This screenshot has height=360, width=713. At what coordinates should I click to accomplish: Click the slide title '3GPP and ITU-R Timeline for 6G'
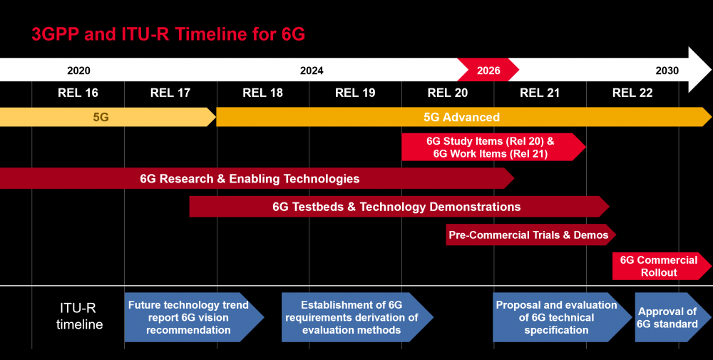pos(168,34)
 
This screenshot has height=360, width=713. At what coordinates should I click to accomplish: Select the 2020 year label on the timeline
pos(78,71)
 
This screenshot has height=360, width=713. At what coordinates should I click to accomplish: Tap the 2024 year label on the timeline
pos(312,71)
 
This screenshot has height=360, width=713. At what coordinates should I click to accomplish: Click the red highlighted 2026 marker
pos(488,71)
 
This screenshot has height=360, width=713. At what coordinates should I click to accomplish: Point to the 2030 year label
pos(667,71)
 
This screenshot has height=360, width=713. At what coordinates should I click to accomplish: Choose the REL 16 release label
pos(78,93)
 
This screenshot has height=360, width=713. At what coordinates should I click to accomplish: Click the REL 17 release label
pos(170,93)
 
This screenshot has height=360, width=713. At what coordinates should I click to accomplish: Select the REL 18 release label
pos(263,93)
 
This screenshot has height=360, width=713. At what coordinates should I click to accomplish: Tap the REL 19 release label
pos(355,93)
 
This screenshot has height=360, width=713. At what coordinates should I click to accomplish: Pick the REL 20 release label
pos(448,93)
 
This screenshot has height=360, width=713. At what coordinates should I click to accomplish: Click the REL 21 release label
pos(540,93)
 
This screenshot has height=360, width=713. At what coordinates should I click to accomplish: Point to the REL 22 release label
pos(632,93)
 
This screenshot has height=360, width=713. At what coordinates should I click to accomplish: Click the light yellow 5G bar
pos(101,117)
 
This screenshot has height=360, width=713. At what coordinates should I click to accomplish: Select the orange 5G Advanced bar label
pos(461,117)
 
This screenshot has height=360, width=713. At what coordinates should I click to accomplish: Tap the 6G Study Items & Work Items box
pos(491,147)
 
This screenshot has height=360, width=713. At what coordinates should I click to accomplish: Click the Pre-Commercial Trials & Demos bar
pos(528,235)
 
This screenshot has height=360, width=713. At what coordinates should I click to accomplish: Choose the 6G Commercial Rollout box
pos(658,266)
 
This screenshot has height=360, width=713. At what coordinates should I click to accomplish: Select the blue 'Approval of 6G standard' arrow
pos(668,317)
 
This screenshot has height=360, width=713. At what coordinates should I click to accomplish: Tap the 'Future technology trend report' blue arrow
pos(189,317)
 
